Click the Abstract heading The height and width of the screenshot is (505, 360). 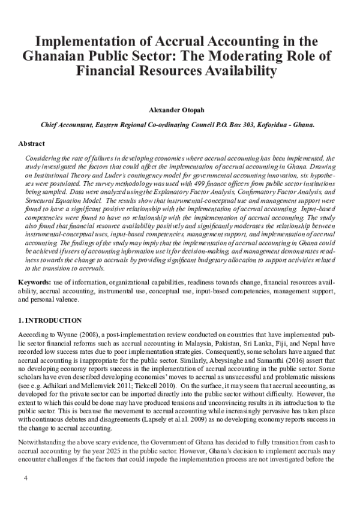32,145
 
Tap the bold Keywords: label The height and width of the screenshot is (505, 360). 35,281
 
